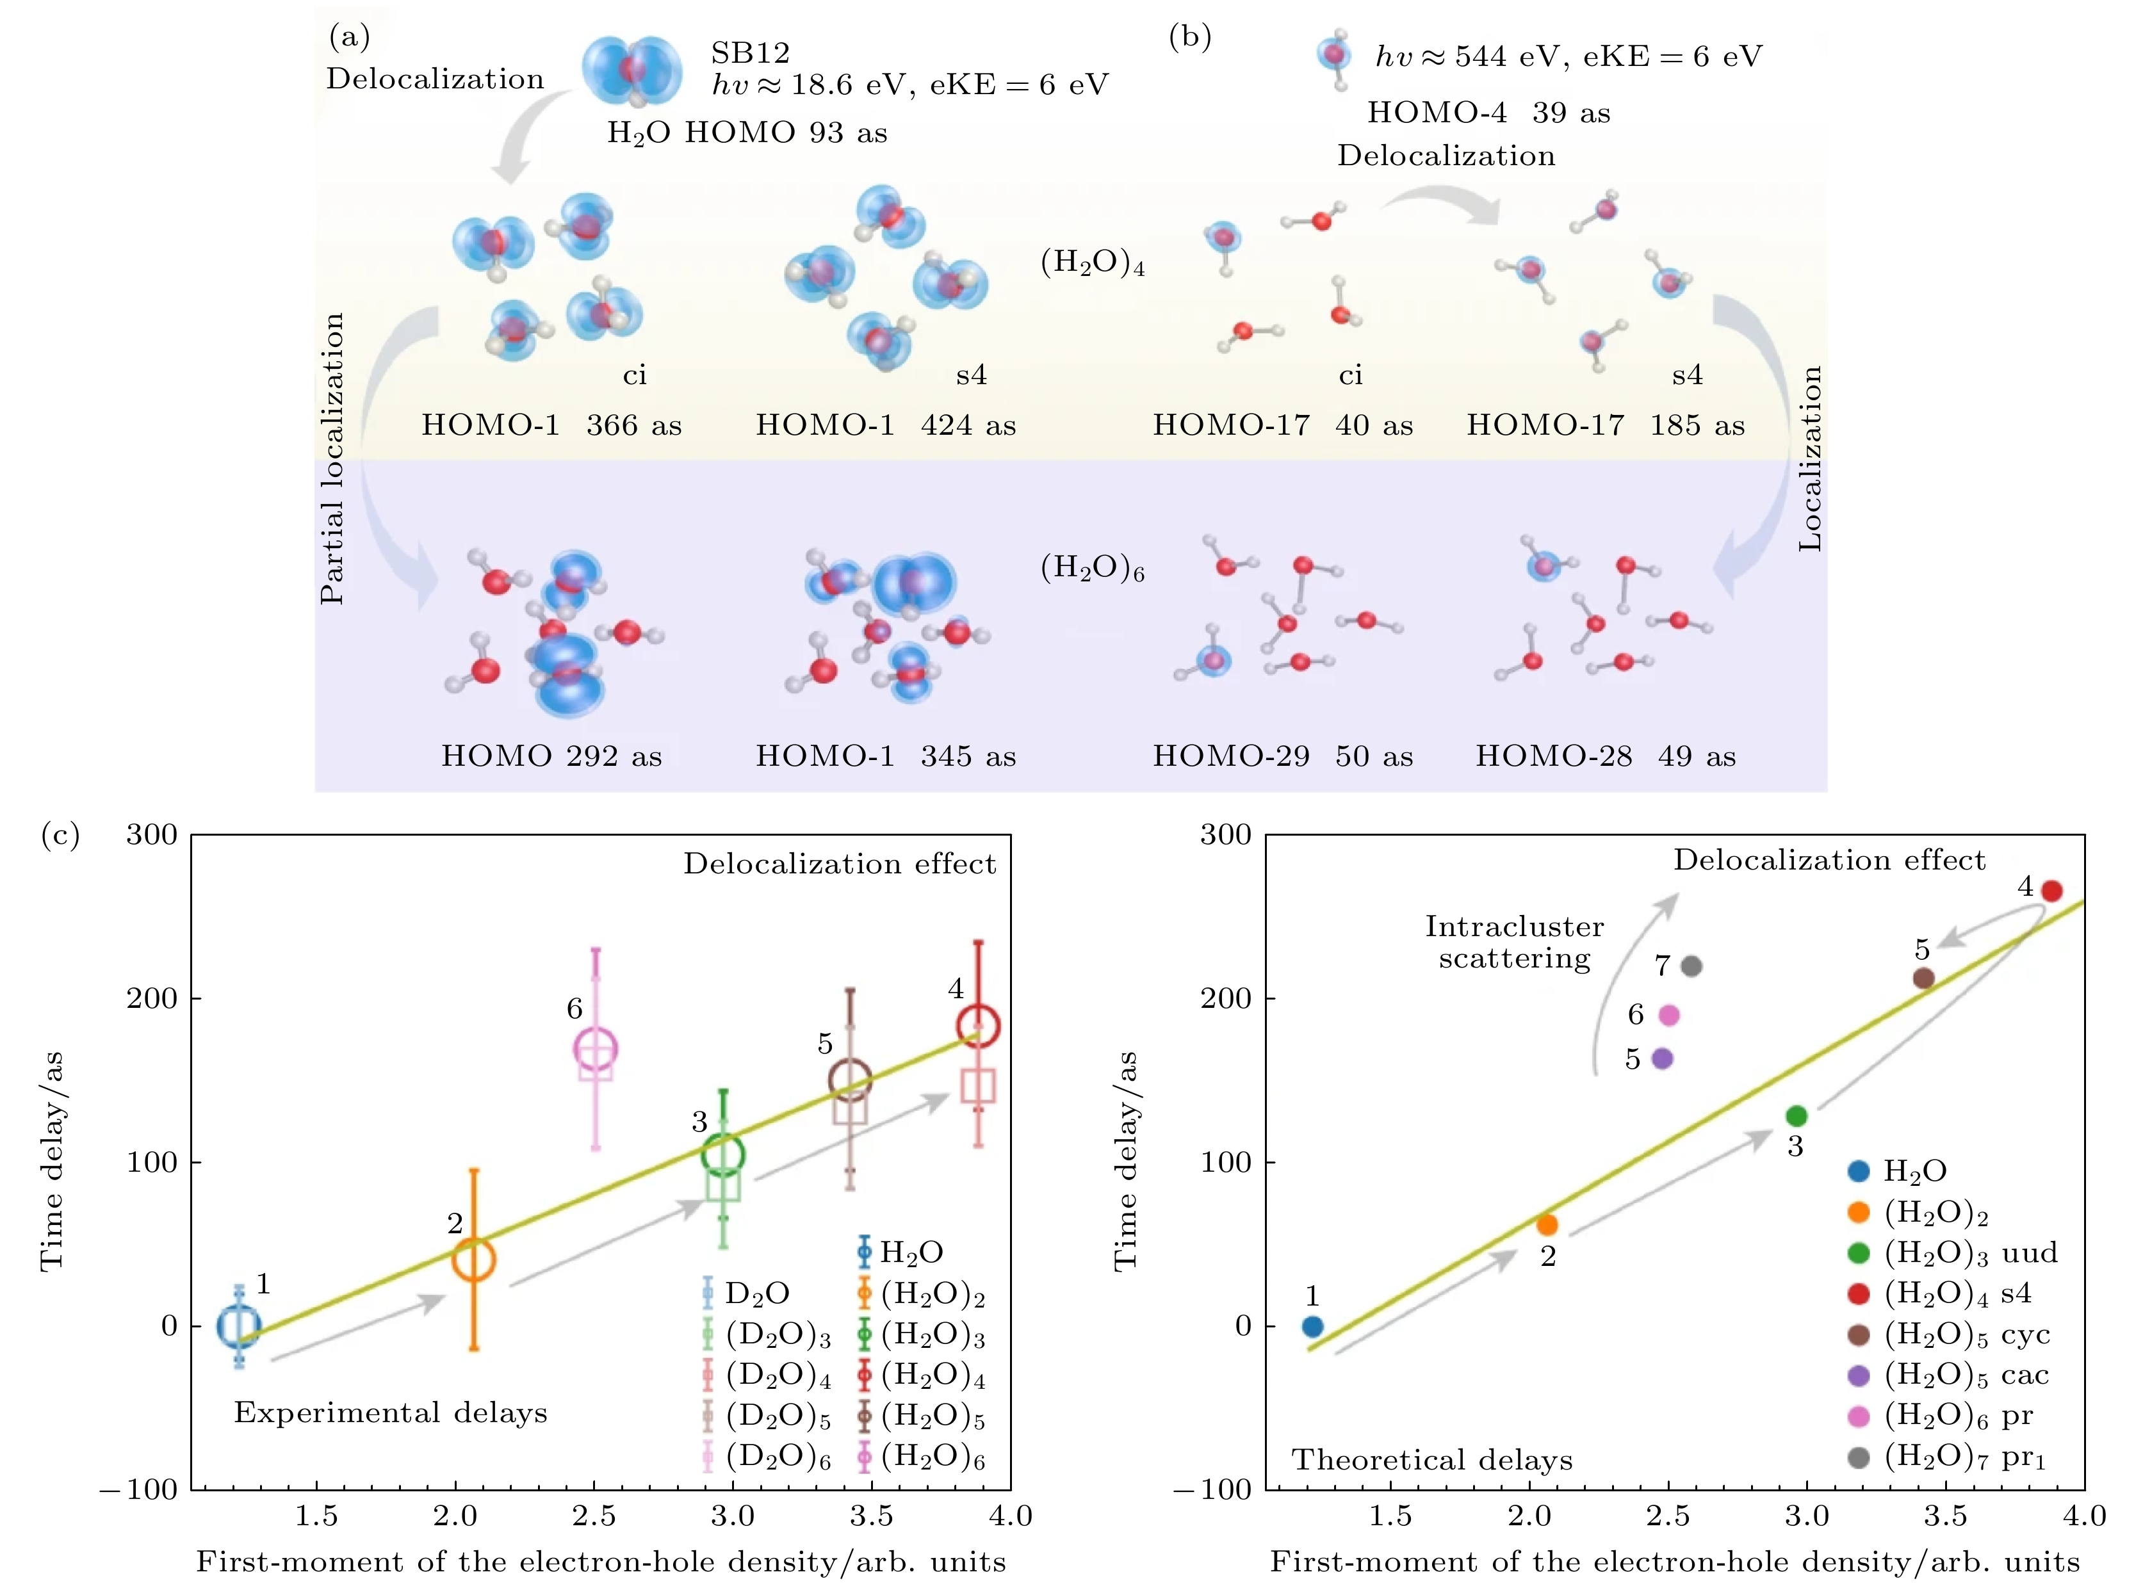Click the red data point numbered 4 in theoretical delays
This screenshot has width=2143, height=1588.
point(2051,890)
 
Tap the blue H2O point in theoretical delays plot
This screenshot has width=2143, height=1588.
point(1312,1327)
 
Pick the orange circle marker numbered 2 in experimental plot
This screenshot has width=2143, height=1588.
point(473,1260)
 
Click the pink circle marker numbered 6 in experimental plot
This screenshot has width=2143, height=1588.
point(595,1049)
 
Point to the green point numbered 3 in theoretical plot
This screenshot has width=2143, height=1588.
point(1796,1116)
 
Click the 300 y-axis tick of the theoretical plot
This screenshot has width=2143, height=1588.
point(1226,834)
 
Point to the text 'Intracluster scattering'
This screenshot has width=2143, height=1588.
point(1514,942)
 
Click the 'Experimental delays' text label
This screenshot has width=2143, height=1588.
point(390,1412)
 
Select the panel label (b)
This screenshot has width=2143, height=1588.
point(1189,36)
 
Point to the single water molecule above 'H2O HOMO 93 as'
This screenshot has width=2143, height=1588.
point(631,71)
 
